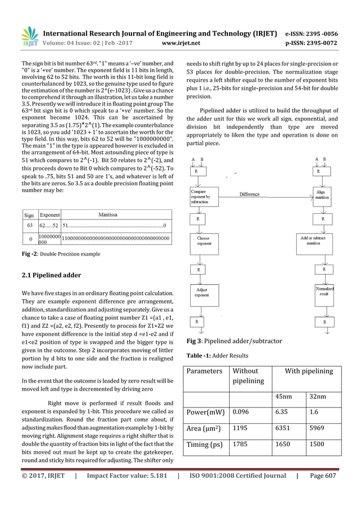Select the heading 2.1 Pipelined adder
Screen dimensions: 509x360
(51, 275)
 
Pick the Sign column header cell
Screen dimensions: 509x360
(29, 215)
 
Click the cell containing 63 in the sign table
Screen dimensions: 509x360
(29, 226)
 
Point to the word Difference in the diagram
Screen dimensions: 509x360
(249, 194)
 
